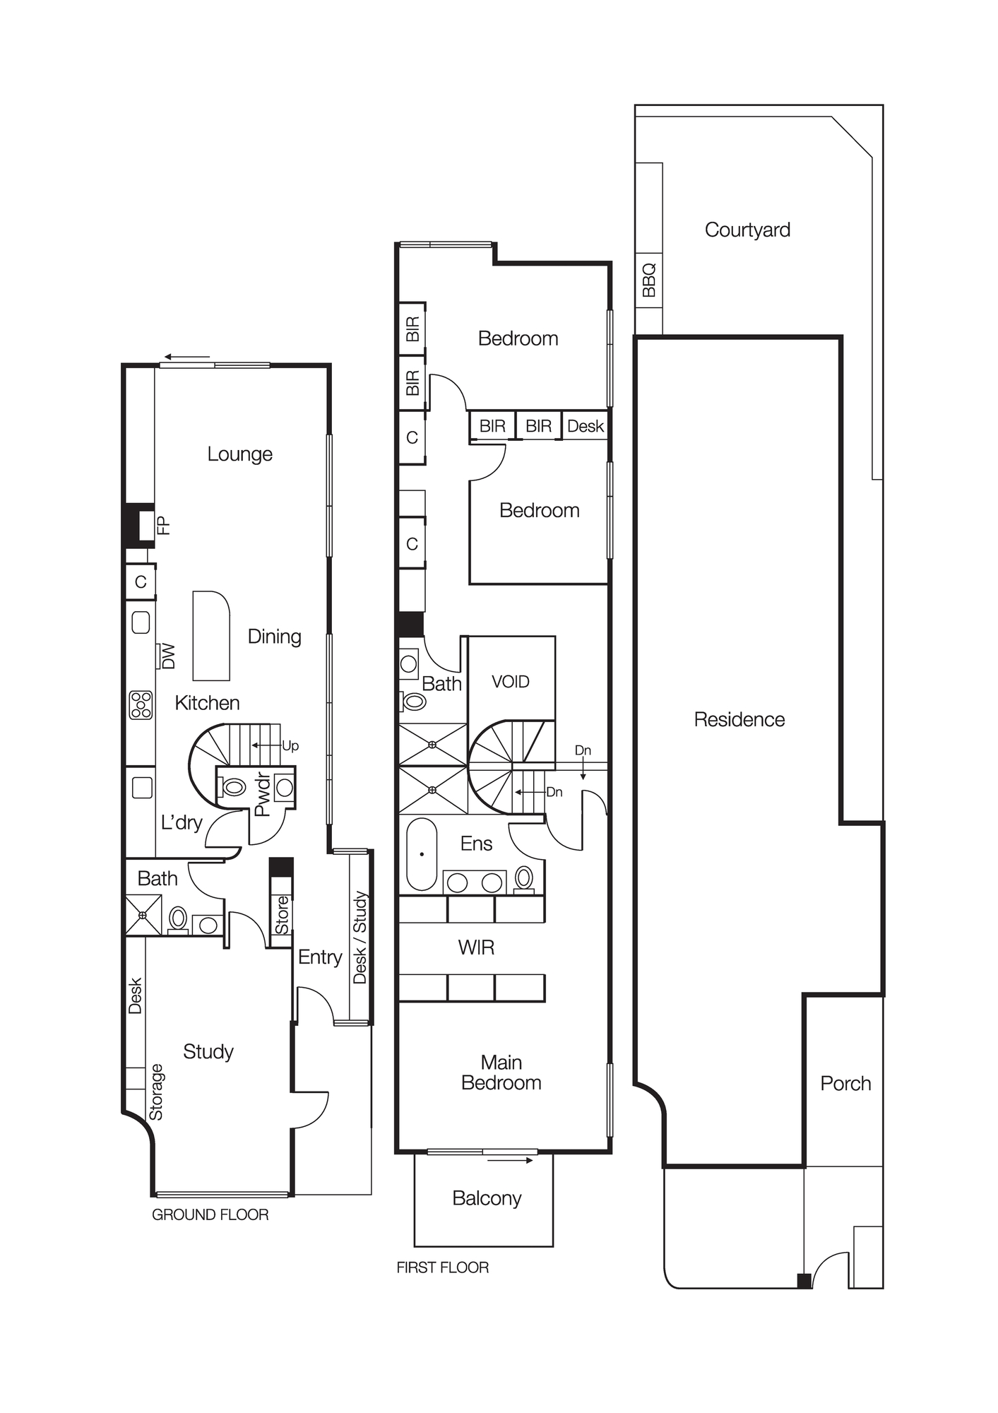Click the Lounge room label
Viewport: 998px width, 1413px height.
point(239,454)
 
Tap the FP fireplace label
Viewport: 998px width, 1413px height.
point(163,525)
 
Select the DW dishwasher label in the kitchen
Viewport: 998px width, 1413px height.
point(168,656)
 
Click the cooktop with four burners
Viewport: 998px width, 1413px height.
point(141,705)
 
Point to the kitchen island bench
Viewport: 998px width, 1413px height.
point(211,636)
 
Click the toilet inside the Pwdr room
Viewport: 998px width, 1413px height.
point(233,786)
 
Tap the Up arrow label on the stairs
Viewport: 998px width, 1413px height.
point(290,745)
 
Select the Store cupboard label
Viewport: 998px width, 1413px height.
point(282,915)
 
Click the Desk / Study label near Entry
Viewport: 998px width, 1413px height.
point(360,937)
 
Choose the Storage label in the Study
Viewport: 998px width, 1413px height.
point(156,1092)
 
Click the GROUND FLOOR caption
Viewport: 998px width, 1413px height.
point(210,1214)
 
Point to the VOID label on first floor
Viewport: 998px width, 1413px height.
point(510,682)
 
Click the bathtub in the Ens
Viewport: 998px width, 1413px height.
point(422,854)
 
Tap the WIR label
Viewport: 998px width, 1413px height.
point(476,947)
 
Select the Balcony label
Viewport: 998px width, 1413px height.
point(487,1198)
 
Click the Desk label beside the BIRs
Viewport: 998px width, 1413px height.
point(585,426)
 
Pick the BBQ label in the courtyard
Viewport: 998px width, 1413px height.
point(649,280)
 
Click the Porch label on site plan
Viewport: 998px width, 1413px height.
point(845,1084)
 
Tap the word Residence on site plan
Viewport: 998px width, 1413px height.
point(739,719)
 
